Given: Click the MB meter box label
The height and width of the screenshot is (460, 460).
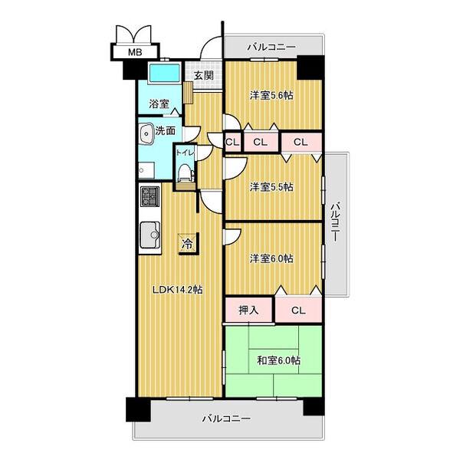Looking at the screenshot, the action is click(x=135, y=52).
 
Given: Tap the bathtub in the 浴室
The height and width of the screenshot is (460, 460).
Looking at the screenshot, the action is click(x=164, y=73).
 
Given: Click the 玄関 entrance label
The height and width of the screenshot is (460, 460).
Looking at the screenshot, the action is click(x=204, y=76).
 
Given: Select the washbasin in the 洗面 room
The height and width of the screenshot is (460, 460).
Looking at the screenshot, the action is click(x=146, y=133).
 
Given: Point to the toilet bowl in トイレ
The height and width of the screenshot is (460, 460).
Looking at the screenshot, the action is click(x=185, y=172).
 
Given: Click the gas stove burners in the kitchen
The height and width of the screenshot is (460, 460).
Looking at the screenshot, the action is click(x=149, y=196).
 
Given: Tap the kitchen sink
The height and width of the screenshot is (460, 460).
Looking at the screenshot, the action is click(x=150, y=235).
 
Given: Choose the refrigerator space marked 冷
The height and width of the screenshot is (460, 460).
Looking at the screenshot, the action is click(x=188, y=244).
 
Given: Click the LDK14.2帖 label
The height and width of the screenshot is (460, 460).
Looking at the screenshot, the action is click(x=177, y=290).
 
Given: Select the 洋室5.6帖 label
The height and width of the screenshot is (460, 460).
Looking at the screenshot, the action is click(x=271, y=95).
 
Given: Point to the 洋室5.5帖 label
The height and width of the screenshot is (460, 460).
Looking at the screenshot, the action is click(x=271, y=187).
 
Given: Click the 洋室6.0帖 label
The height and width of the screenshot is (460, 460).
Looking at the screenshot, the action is click(x=271, y=258).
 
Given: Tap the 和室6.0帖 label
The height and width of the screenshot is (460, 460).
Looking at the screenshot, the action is click(x=278, y=360).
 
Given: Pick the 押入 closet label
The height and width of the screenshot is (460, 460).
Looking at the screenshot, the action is click(x=248, y=310).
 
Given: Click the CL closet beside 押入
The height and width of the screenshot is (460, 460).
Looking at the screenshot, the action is click(x=299, y=310).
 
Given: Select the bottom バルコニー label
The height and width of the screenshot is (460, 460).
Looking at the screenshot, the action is click(x=226, y=419).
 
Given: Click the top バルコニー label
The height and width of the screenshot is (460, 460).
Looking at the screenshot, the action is click(x=271, y=47).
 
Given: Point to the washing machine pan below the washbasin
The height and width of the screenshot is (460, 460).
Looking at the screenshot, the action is click(x=146, y=170).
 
